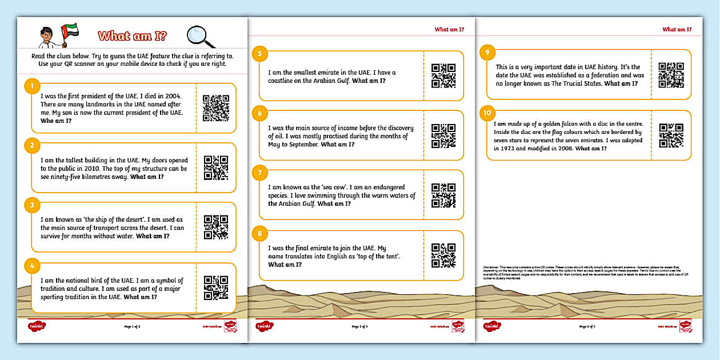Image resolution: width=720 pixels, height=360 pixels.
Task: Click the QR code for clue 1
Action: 216,108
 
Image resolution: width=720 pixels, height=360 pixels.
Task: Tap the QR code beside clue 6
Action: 443,136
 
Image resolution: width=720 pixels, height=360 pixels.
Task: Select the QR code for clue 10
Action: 671,135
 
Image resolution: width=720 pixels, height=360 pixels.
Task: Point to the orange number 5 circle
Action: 260,54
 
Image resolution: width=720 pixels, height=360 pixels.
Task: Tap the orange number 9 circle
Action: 487,53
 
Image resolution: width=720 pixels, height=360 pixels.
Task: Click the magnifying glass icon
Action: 201,37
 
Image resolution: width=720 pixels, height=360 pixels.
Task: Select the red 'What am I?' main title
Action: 132,37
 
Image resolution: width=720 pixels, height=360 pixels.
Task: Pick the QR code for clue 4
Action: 216,287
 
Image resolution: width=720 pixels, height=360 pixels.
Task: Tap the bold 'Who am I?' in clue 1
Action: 57,121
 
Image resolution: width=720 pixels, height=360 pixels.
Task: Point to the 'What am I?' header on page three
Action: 677,29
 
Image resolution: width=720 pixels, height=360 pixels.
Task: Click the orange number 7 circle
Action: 260,173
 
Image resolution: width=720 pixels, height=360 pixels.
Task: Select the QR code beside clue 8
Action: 443,255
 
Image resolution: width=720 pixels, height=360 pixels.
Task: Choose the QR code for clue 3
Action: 216,227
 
